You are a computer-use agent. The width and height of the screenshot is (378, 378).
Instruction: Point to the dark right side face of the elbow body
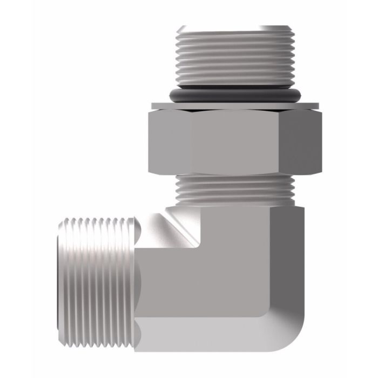click(292, 270)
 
